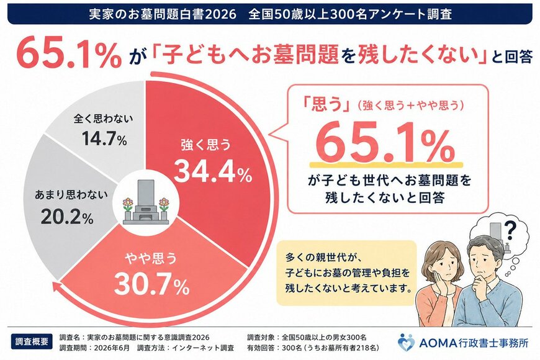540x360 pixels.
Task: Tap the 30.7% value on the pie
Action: [x=151, y=284]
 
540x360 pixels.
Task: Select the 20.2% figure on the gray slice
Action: [x=67, y=217]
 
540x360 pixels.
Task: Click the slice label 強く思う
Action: [x=206, y=145]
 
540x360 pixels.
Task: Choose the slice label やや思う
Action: [x=151, y=258]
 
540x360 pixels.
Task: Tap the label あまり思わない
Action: [x=71, y=195]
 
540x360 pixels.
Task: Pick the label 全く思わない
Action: [x=103, y=119]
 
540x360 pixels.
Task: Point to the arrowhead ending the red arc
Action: [x=56, y=286]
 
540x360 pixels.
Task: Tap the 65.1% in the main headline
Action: [x=67, y=52]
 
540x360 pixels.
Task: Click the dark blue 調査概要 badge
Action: [x=32, y=341]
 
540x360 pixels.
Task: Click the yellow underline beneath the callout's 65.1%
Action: [x=386, y=164]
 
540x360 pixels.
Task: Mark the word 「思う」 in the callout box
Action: [x=326, y=106]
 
